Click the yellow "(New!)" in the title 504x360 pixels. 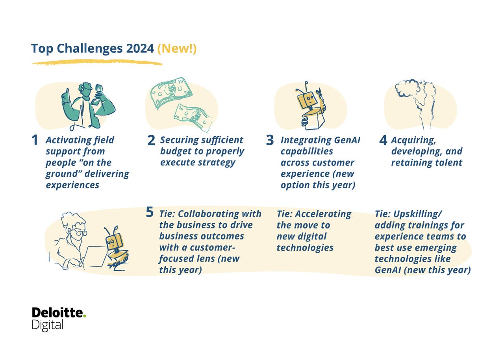coord(177,49)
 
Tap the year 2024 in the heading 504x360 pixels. coord(140,49)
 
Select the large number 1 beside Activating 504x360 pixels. coord(35,141)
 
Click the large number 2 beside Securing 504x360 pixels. coord(151,141)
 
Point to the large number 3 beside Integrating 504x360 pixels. coord(270,141)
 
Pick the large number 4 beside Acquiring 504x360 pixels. coord(383,141)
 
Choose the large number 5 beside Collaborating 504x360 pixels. coord(150,212)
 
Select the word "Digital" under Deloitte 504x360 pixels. coord(48,325)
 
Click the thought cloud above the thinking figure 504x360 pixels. coord(408,88)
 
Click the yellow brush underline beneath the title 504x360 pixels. coord(97,62)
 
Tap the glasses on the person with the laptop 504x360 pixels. coord(80,233)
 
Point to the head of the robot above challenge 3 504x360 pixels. coord(306,101)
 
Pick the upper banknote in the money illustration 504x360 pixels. coord(171,92)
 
